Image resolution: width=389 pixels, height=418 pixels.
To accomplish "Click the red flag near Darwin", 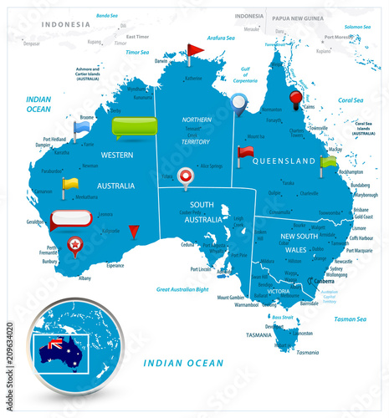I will tap(193, 52).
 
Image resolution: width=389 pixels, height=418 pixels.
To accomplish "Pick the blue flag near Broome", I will tap(80, 128).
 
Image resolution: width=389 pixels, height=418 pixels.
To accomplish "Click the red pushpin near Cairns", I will tap(294, 100).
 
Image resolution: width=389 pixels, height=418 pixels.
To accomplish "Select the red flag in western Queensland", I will tap(245, 153).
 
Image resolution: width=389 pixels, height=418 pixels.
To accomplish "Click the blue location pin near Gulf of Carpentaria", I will tap(240, 104).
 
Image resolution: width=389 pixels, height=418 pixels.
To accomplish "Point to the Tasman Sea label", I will tap(350, 319).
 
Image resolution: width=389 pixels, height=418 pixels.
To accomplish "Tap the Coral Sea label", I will tap(351, 99).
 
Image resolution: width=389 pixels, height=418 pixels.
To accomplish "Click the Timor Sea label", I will tap(137, 51).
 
